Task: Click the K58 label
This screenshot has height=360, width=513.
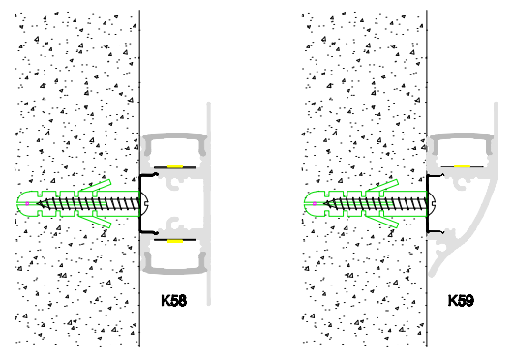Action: [173, 302]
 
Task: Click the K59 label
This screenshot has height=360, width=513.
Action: [461, 302]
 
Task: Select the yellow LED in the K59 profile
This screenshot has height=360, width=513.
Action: [463, 166]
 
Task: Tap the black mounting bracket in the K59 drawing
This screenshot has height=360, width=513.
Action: [429, 226]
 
